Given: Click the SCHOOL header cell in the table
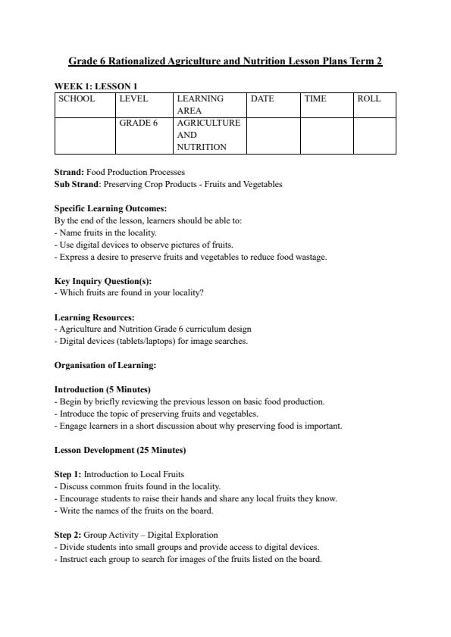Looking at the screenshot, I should click(x=77, y=99).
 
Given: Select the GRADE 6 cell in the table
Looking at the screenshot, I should click(x=138, y=123).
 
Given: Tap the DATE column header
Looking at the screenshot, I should click(x=262, y=99).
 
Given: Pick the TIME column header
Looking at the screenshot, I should click(x=315, y=99).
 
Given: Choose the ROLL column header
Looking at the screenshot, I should click(x=368, y=99).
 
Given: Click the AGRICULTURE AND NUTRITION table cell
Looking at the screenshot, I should click(x=208, y=135).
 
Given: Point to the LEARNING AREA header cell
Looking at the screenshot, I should click(x=200, y=105).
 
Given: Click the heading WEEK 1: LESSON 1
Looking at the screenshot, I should click(x=96, y=86).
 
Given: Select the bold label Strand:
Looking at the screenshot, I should click(x=69, y=172).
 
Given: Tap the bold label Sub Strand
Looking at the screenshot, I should click(x=77, y=184).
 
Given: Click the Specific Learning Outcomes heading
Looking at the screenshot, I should click(x=111, y=208).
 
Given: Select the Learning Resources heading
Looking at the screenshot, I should click(x=94, y=317).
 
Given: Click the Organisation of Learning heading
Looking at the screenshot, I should click(x=105, y=365).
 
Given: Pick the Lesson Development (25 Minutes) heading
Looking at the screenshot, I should click(x=120, y=450).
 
